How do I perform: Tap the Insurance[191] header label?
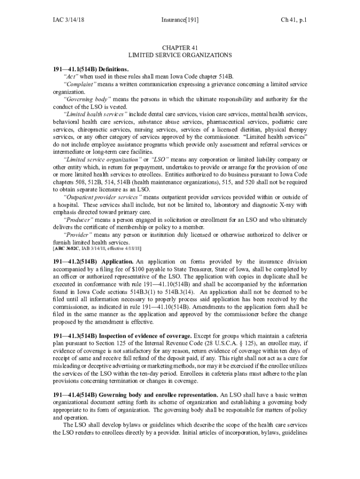point(180,20)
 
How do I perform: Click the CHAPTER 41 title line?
point(180,48)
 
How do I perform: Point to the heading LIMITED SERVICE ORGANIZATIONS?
point(180,55)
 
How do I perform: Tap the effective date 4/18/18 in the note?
point(132,248)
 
